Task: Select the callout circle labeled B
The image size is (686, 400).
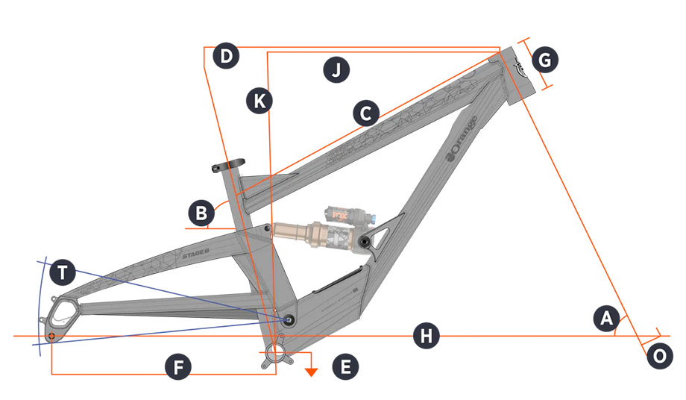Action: click(201, 214)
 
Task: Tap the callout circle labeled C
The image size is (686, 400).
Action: click(365, 113)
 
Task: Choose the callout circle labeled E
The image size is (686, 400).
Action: click(345, 366)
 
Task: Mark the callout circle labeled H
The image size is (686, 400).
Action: click(426, 337)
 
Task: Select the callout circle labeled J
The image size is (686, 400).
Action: click(336, 71)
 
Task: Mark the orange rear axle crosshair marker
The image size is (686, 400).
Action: click(51, 337)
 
